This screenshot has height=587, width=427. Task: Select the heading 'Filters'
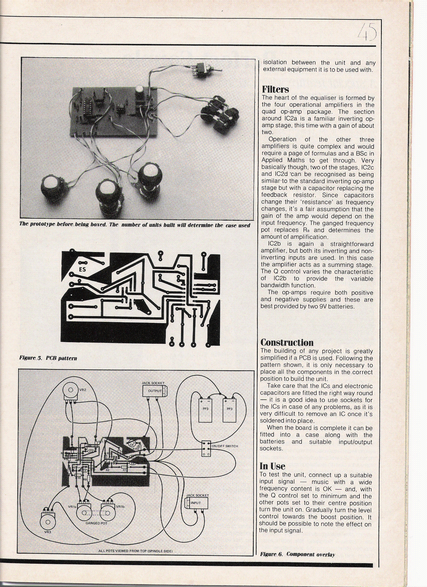click(275, 90)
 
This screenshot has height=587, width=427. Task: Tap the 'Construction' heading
click(287, 342)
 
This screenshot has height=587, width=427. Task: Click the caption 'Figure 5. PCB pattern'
click(48, 358)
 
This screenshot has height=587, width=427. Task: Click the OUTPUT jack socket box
click(154, 391)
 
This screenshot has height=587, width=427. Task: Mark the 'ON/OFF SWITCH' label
click(225, 446)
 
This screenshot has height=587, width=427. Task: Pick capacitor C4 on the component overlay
click(132, 445)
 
